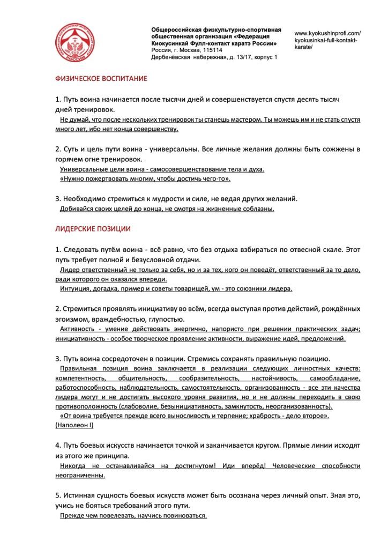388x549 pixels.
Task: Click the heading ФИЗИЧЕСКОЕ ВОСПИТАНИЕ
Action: [x=101, y=78]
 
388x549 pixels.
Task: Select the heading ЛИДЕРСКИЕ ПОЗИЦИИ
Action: [x=93, y=228]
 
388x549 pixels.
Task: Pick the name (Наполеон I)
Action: [x=74, y=425]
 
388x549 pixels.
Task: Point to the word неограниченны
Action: [x=80, y=475]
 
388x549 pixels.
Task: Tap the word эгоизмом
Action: [x=72, y=319]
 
